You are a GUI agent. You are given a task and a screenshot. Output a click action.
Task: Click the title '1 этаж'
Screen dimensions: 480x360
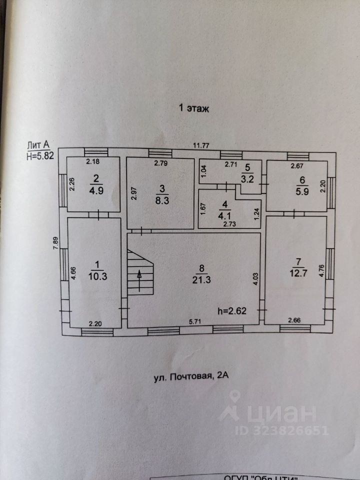coord(194,107)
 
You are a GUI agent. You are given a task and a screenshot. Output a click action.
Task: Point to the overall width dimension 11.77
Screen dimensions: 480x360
coord(202,145)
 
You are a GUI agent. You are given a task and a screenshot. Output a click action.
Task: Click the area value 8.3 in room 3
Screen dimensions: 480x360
coord(161,197)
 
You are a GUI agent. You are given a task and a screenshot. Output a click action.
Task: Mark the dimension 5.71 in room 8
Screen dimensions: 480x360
coord(194,322)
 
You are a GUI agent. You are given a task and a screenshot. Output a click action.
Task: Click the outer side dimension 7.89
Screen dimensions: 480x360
coord(56,245)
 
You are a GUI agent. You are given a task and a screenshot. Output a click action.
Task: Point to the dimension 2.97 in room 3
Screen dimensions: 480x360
coord(133,193)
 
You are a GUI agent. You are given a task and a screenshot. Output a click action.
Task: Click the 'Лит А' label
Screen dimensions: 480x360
coord(38,145)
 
